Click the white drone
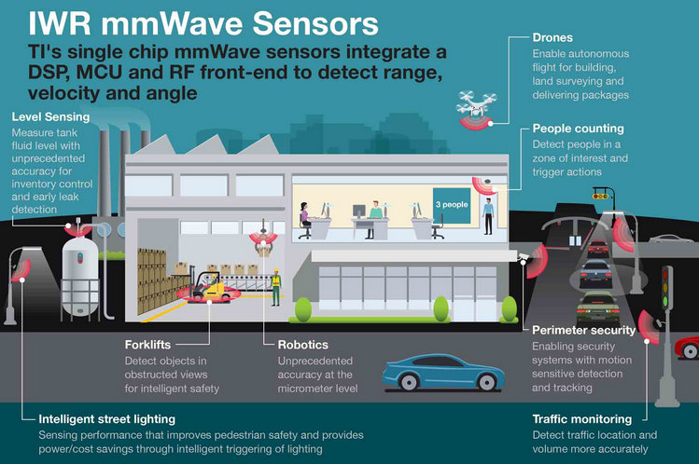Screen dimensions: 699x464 (476, 103)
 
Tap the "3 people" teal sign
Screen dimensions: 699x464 (452, 205)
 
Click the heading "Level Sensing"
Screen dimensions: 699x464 (50, 117)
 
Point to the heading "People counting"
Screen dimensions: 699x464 (579, 129)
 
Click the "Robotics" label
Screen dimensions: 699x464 (302, 345)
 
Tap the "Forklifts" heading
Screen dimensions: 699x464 (147, 345)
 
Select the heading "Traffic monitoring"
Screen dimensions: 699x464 (582, 419)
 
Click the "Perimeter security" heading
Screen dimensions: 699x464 (583, 330)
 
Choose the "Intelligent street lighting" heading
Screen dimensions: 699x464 (107, 419)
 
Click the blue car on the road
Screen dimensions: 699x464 (443, 372)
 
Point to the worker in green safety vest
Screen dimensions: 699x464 (276, 287)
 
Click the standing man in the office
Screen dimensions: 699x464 (489, 217)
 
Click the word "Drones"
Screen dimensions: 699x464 (552, 38)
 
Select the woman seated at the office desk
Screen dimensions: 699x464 (305, 220)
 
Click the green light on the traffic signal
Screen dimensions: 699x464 (665, 303)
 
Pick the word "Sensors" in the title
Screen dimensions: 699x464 (315, 23)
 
